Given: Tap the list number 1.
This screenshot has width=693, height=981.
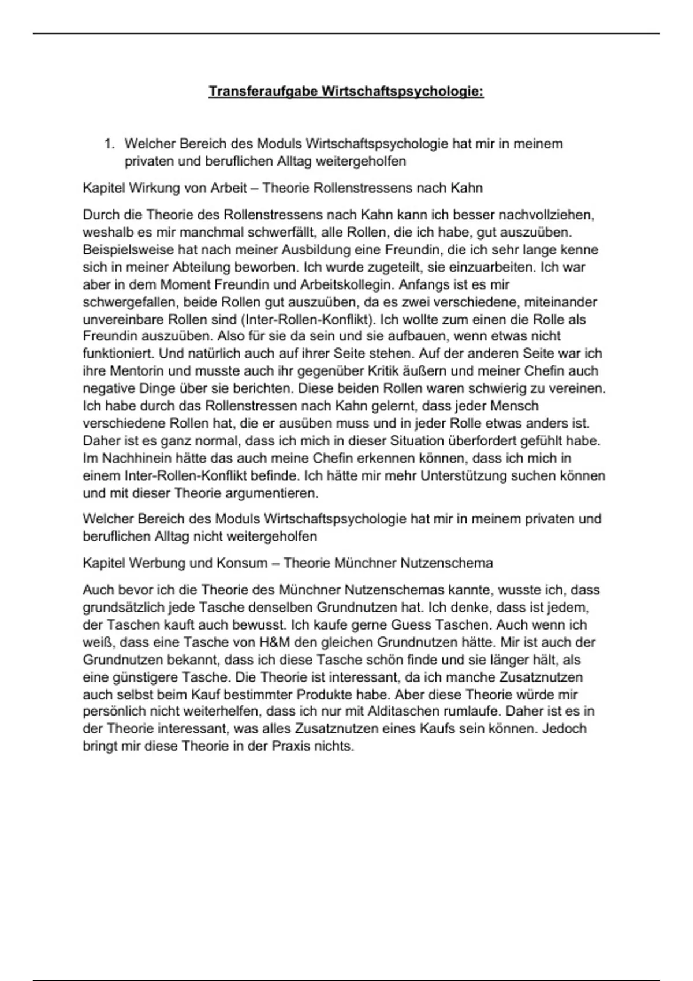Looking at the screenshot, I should tap(108, 144).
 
